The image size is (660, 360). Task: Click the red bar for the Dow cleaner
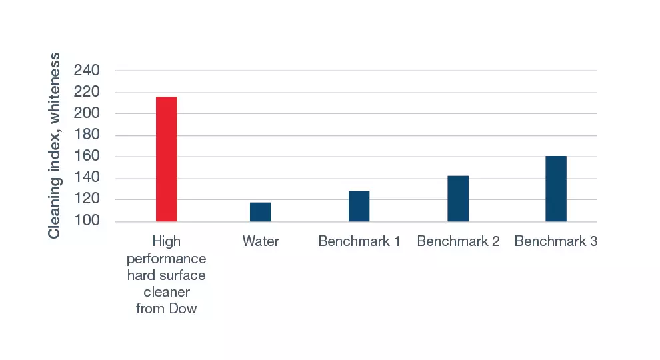(x=167, y=159)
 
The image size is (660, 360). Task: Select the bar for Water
(x=261, y=212)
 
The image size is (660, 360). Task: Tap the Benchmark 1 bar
(x=359, y=206)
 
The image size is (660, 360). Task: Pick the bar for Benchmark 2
(x=458, y=199)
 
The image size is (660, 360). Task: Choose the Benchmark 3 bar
(x=556, y=189)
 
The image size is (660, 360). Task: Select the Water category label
(x=261, y=241)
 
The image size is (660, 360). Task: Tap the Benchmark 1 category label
(x=359, y=241)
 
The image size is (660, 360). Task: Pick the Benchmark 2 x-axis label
(x=458, y=241)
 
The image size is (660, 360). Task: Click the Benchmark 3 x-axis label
(x=556, y=241)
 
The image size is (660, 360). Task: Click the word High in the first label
(x=167, y=241)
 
